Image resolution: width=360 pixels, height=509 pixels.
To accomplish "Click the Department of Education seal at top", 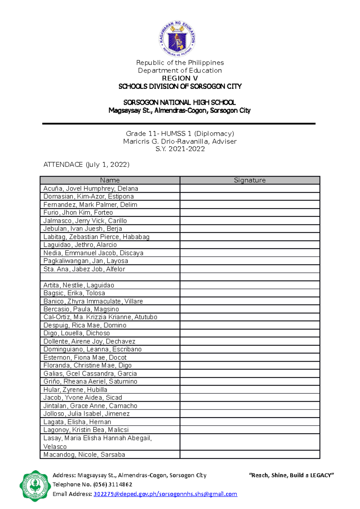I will point(177,39).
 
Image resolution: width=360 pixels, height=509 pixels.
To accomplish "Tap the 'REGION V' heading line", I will point(180,78).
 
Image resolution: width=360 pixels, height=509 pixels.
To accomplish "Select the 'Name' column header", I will point(110,180).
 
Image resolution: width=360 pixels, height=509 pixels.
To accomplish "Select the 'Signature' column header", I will point(250,180).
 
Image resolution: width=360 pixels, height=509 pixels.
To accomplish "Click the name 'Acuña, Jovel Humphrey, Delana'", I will point(91,189).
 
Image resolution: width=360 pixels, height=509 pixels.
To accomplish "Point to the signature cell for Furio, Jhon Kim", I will point(250,213).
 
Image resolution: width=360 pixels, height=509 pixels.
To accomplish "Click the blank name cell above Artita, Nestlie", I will point(110,277).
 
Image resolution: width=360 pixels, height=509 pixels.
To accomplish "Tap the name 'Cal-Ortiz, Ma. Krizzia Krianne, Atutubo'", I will point(100,317).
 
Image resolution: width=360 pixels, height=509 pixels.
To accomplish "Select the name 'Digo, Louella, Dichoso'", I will point(76,333).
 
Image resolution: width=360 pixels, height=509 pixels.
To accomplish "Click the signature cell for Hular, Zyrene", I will point(250,390).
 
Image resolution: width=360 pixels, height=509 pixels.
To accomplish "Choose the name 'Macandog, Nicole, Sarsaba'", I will point(84,454).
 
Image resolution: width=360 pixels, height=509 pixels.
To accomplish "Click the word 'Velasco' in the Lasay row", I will point(55,447).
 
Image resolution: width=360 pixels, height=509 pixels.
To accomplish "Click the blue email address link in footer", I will point(165,494).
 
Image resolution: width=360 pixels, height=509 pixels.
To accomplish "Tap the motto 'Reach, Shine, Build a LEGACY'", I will point(291,475).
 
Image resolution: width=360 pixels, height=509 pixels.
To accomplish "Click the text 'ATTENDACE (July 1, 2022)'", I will point(86,165).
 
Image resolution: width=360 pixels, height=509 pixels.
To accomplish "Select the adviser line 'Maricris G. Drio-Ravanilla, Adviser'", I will point(180,141).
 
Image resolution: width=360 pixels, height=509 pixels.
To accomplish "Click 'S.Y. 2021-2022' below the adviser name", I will point(180,149).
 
